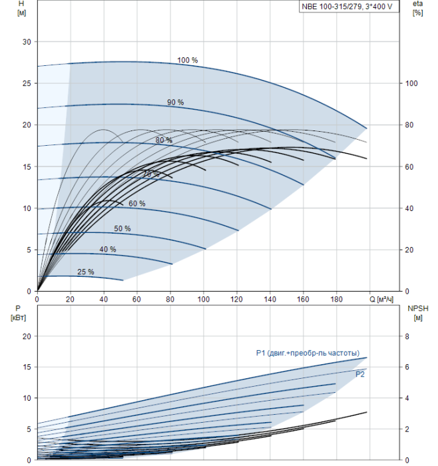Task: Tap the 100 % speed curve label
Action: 187,61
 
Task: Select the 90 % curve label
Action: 175,103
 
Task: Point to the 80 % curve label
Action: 164,140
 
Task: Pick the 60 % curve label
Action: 136,204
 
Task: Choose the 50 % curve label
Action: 122,229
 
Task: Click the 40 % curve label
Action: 107,250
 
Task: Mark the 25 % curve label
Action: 85,272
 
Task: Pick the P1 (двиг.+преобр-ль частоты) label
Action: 308,353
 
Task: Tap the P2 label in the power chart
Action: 359,375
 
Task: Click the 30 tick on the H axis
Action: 27,42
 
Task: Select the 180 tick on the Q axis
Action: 336,300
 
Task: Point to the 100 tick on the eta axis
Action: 410,83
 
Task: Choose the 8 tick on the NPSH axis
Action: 407,337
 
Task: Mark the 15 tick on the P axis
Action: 27,367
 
